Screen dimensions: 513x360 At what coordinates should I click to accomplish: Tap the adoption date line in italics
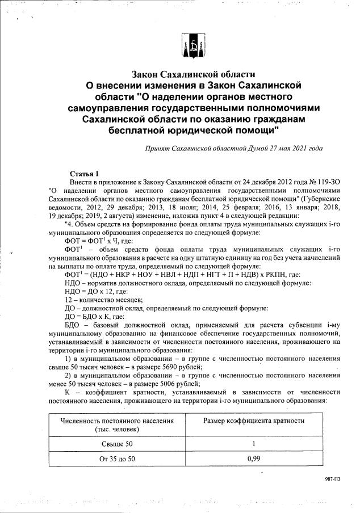234,149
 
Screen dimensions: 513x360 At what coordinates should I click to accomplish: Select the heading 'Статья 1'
84,173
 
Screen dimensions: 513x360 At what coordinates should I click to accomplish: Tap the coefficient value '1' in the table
254,443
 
